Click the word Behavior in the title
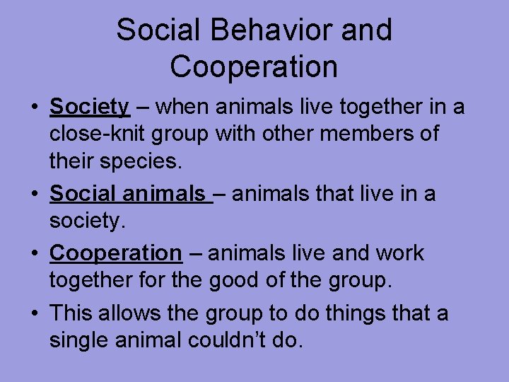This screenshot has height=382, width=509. [260, 30]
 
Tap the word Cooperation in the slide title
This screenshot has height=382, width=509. [254, 66]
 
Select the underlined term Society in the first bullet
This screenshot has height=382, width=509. [90, 107]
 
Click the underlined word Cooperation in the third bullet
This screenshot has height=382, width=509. [116, 253]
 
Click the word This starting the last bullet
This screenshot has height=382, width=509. [74, 313]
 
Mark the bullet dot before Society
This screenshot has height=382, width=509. [34, 108]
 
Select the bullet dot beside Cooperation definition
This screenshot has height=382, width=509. [34, 254]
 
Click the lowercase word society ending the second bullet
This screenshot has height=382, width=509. [85, 222]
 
